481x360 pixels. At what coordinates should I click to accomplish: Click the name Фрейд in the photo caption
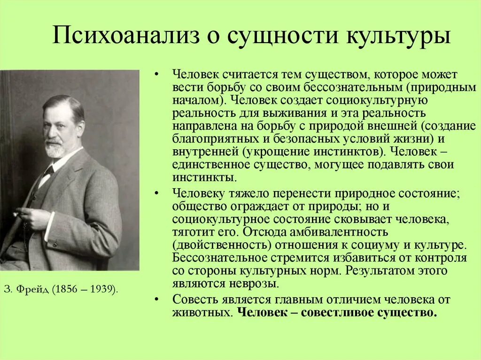pos(33,289)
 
